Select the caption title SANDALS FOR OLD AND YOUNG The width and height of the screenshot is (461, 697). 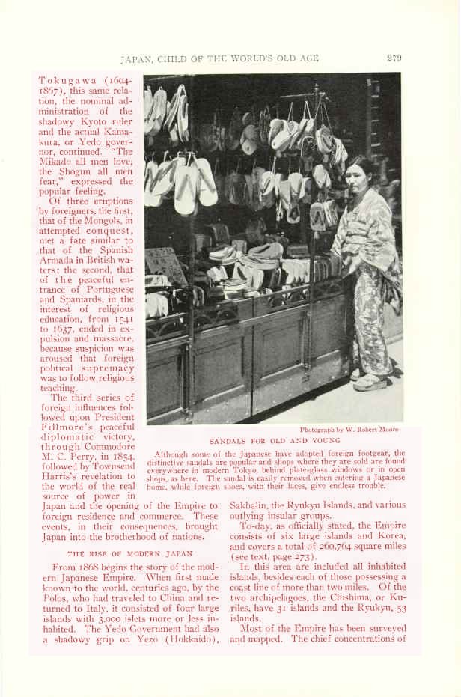(274, 441)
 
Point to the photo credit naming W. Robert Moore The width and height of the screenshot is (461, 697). (349, 430)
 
